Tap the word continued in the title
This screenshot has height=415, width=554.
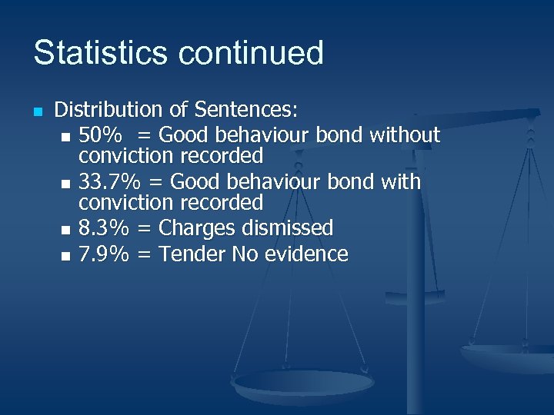[x=251, y=53]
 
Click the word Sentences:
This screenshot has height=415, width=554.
[x=247, y=111]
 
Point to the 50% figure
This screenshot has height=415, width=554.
[x=100, y=136]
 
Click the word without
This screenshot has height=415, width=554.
[x=405, y=136]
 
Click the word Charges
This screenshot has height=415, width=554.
[x=198, y=228]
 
